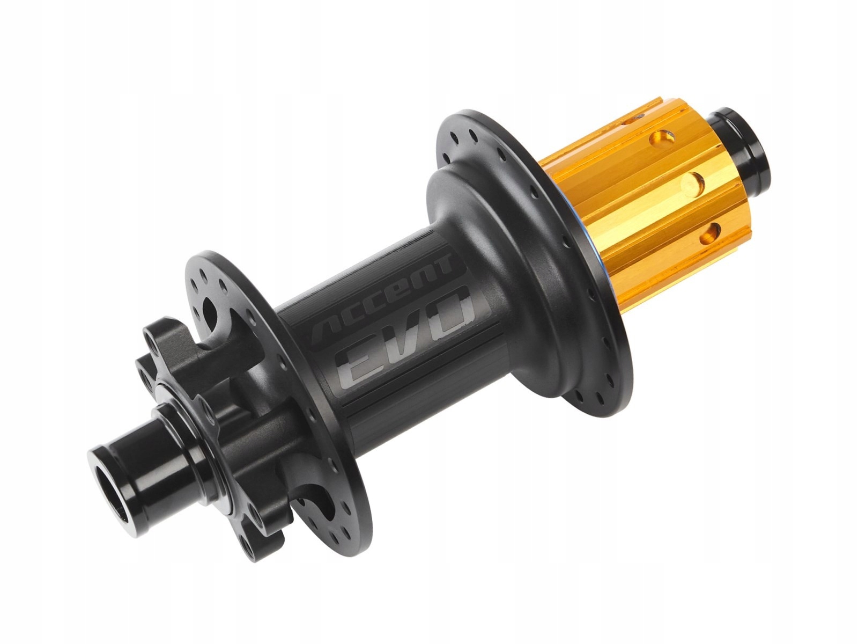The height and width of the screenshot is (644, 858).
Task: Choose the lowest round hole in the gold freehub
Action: point(710,234)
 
